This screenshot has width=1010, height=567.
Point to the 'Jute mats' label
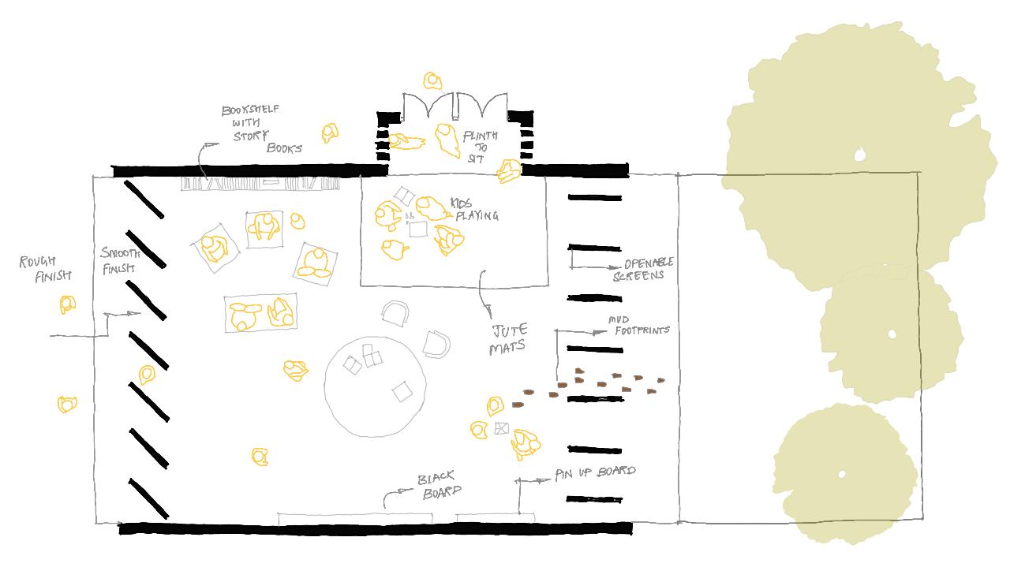pyautogui.click(x=508, y=339)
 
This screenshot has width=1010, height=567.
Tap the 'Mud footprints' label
pyautogui.click(x=638, y=325)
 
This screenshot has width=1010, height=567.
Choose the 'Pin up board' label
pyautogui.click(x=595, y=472)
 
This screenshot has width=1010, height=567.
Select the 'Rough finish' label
pyautogui.click(x=45, y=268)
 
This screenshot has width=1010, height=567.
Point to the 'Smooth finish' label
pyautogui.click(x=120, y=260)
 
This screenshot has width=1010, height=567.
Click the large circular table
pyautogui.click(x=376, y=386)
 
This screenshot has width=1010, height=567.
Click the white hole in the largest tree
pyautogui.click(x=860, y=155)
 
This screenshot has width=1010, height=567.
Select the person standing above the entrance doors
pyautogui.click(x=432, y=80)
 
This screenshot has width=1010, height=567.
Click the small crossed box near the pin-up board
pyautogui.click(x=502, y=428)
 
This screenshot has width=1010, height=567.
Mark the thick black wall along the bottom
pyautogui.click(x=375, y=528)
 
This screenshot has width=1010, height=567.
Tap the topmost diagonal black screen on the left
pyautogui.click(x=144, y=199)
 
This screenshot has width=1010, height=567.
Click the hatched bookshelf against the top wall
pyautogui.click(x=260, y=183)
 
